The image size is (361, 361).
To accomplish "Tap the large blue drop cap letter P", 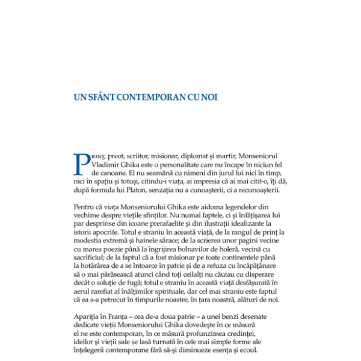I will coord(82,164).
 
